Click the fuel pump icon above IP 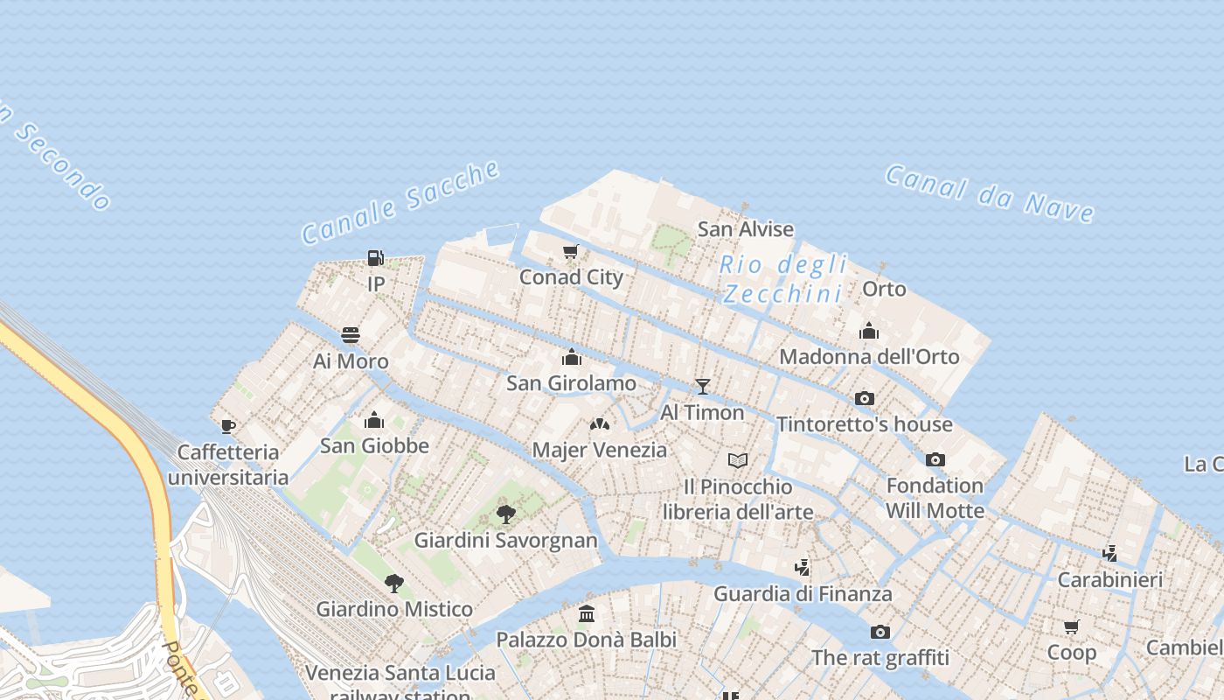tap(375, 258)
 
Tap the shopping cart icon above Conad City tap(571, 252)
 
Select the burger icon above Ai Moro tap(351, 335)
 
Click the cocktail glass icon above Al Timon tap(702, 386)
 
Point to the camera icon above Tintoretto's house tap(865, 398)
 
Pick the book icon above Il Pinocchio tap(738, 460)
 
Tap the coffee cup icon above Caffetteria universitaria tap(227, 426)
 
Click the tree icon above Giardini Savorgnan tap(505, 514)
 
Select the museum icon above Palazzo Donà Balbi tap(587, 614)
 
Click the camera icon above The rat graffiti tap(880, 632)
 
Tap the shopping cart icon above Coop tap(1072, 626)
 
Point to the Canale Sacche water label tap(400, 203)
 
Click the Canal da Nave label tap(990, 193)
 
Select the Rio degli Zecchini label tap(783, 278)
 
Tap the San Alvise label tap(746, 229)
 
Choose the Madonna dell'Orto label tap(869, 356)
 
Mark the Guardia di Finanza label tap(803, 594)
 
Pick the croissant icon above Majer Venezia tap(600, 424)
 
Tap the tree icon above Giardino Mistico tap(394, 583)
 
